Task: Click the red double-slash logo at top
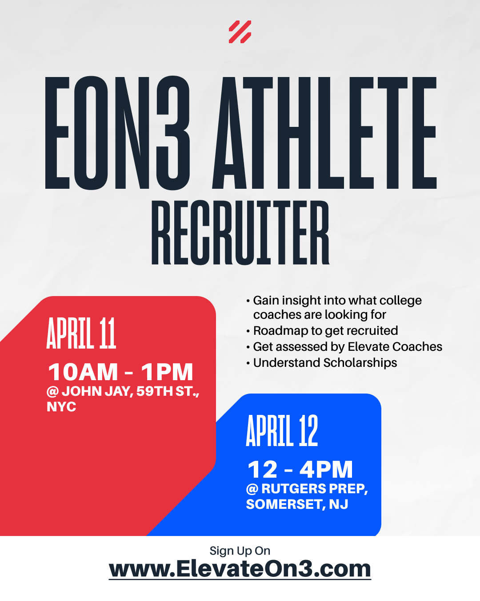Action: pos(240,32)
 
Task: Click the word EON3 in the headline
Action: pos(117,133)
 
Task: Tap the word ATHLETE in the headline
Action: pos(324,133)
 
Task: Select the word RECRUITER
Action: pos(240,232)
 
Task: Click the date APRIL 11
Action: pos(81,333)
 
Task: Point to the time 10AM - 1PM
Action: pos(120,372)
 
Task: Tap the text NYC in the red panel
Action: pos(61,407)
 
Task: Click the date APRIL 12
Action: pos(282,430)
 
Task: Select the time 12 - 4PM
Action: pos(300,470)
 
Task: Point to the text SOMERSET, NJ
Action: pos(297,504)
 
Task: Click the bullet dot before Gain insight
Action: pos(248,301)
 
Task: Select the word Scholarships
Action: pos(360,363)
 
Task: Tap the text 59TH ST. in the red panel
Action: pos(168,392)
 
